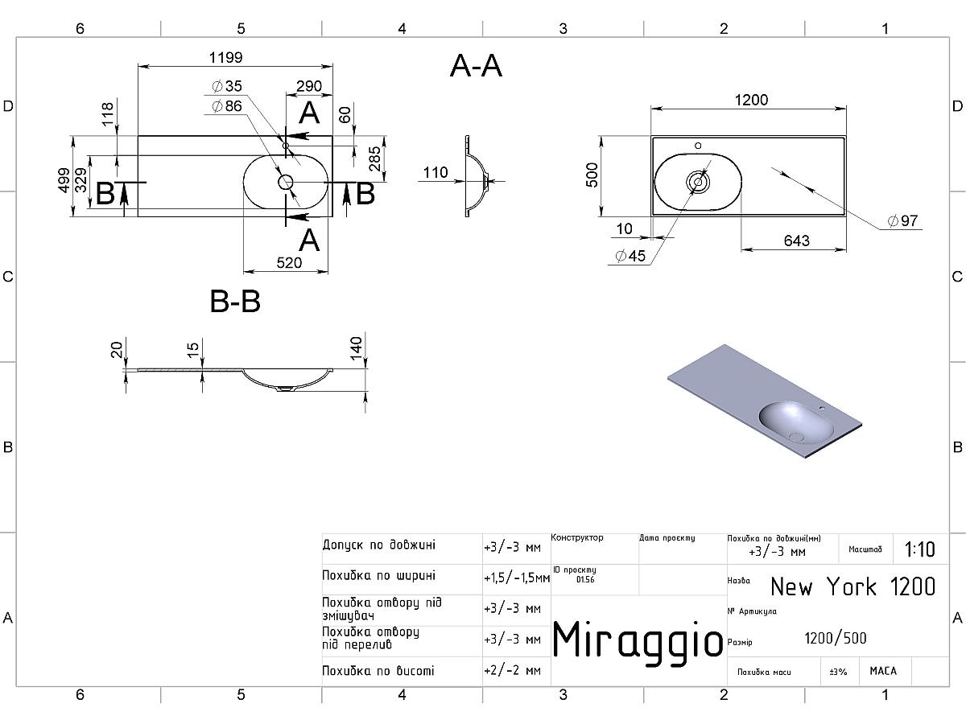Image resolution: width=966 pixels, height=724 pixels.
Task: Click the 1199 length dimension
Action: [226, 58]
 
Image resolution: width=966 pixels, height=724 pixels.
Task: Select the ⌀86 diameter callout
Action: [227, 105]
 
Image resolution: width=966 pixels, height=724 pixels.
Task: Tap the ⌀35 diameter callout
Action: [227, 86]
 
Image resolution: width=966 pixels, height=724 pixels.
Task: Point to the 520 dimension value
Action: [289, 262]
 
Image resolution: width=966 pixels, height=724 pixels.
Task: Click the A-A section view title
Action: [476, 67]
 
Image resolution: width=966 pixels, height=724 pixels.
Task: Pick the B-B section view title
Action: [235, 302]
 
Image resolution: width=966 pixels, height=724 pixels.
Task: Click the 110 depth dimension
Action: [435, 172]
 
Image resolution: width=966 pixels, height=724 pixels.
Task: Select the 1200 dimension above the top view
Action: [751, 100]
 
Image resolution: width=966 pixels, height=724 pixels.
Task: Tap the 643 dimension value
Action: [794, 241]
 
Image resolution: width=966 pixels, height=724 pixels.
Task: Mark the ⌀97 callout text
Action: [902, 221]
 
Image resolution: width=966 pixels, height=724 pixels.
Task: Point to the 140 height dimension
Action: [357, 348]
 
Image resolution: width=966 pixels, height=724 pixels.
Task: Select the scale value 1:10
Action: [920, 549]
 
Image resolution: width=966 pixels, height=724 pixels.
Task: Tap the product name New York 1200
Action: [852, 586]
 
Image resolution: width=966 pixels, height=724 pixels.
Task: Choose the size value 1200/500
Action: [836, 639]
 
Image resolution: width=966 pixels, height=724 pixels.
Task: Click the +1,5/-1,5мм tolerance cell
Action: [516, 578]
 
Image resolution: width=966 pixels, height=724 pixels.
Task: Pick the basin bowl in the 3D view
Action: [797, 422]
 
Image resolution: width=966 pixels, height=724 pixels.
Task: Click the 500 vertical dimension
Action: [592, 176]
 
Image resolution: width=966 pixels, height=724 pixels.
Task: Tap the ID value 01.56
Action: [585, 580]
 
